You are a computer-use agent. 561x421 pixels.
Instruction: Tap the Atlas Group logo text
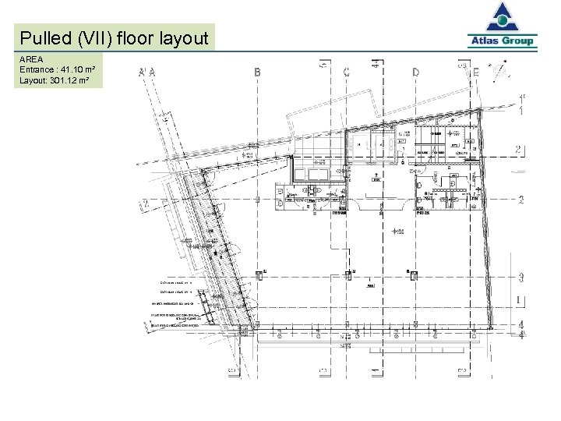(x=503, y=41)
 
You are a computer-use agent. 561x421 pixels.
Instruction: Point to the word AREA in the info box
(x=31, y=59)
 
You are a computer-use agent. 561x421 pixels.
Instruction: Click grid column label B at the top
(x=258, y=72)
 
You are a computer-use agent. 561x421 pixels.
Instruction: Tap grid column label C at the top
(x=346, y=72)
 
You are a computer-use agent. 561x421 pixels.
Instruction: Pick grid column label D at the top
(x=415, y=72)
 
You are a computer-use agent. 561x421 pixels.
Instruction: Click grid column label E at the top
(x=476, y=72)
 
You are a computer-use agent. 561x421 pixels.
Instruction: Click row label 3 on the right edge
(x=520, y=276)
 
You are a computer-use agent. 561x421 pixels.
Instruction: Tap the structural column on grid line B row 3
(x=259, y=274)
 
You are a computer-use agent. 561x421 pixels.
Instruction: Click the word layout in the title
(x=183, y=38)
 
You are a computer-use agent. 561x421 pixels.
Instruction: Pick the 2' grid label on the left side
(x=145, y=205)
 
